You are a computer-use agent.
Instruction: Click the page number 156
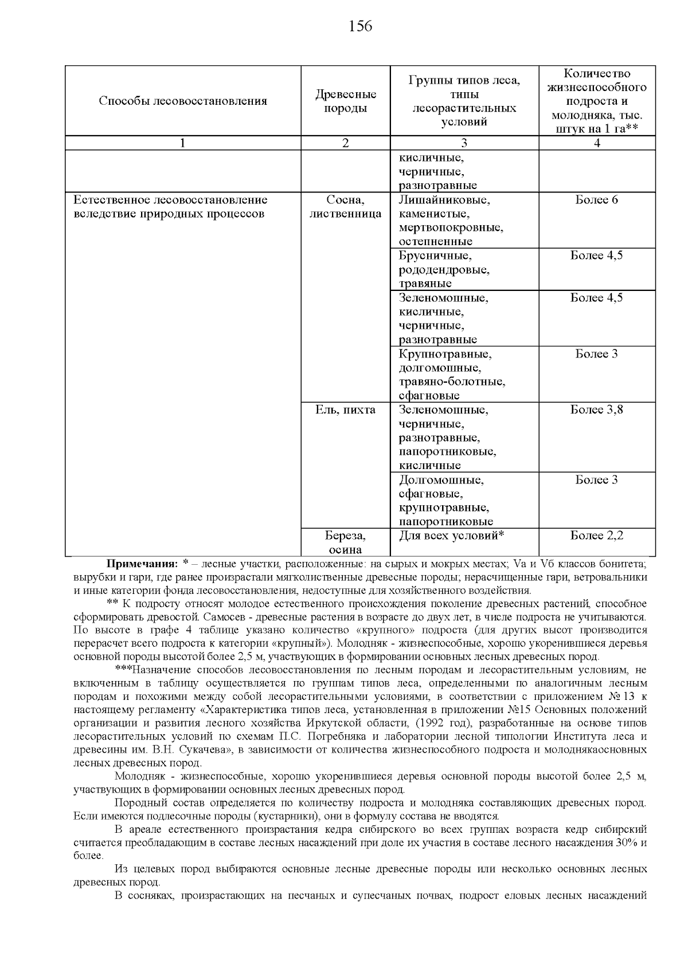tap(360, 26)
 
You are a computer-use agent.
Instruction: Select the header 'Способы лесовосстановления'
tap(182, 101)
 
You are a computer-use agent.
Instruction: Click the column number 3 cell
tap(464, 144)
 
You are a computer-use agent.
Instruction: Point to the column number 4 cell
tap(597, 144)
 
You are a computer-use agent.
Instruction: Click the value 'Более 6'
tap(596, 200)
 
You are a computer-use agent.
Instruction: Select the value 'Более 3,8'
tap(596, 410)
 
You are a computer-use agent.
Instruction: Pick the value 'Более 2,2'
tap(596, 536)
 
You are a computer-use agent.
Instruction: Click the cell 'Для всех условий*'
tap(451, 536)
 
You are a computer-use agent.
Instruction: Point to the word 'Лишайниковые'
tap(444, 200)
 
